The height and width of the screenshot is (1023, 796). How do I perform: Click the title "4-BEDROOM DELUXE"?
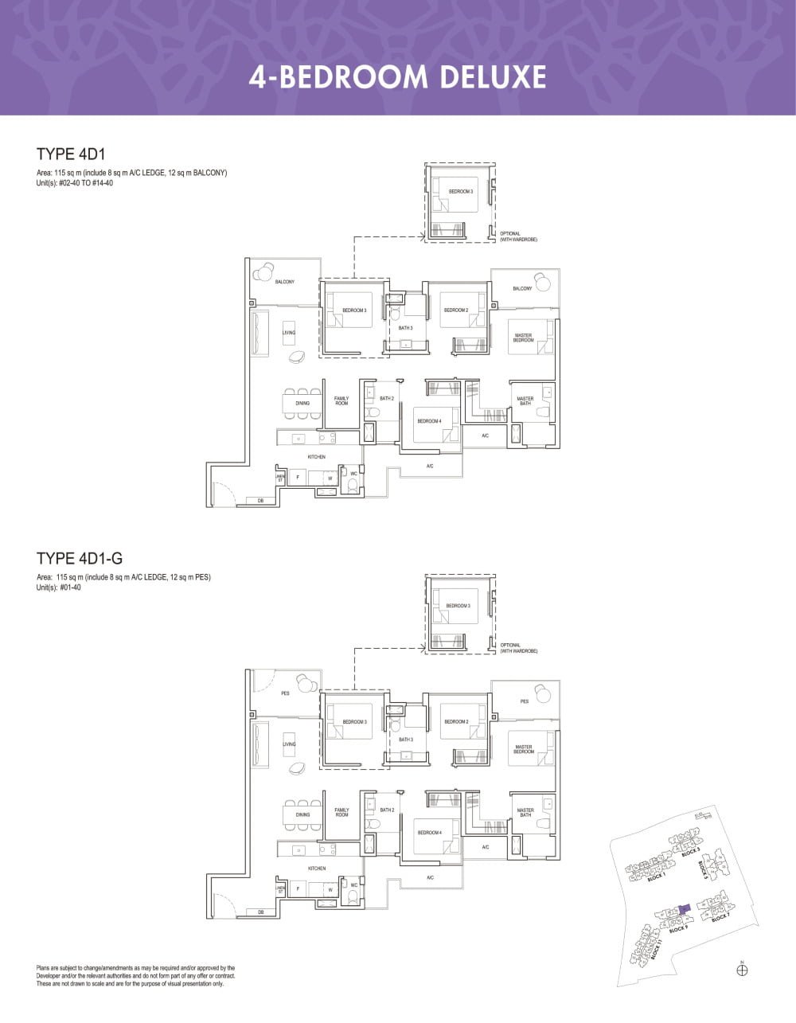click(397, 77)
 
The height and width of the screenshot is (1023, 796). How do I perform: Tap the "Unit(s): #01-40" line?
click(59, 588)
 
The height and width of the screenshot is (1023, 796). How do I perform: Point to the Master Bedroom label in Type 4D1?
click(523, 338)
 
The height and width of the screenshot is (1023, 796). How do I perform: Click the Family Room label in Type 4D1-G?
click(341, 813)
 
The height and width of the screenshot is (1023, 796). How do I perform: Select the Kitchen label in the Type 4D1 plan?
click(317, 457)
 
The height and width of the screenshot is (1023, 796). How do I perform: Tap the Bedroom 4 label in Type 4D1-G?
click(429, 833)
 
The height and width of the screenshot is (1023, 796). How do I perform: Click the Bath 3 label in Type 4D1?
click(406, 328)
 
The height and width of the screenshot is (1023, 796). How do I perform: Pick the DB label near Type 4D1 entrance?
click(260, 501)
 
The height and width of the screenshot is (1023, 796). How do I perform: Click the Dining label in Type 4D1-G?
click(302, 815)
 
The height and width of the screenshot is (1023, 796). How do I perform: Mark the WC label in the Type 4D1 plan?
click(353, 474)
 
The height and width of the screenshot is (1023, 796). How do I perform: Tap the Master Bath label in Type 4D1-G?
click(525, 813)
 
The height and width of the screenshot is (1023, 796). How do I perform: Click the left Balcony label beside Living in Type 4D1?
click(285, 282)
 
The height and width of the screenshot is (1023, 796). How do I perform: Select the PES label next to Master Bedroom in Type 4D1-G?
click(524, 701)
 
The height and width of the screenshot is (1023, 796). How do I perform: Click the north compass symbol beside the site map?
click(742, 969)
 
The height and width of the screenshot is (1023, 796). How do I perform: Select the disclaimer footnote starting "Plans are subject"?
click(135, 975)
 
